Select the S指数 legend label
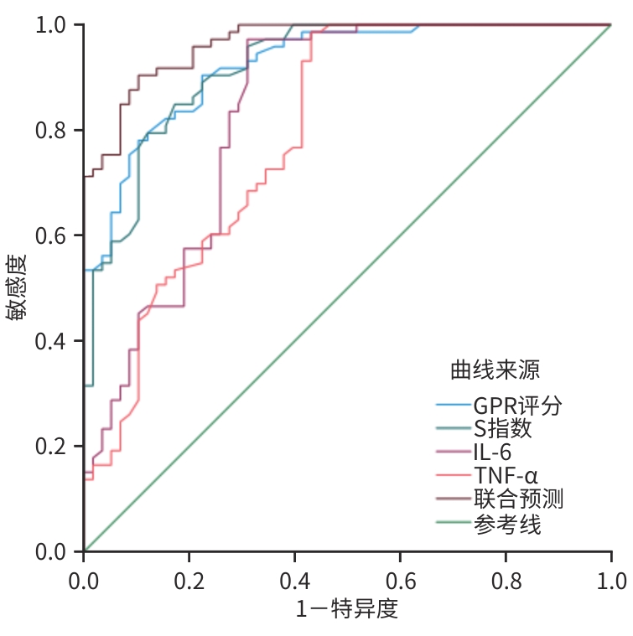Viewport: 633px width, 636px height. [x=502, y=430]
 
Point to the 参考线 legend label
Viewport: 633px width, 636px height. [x=506, y=525]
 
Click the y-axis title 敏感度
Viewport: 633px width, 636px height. [x=18, y=287]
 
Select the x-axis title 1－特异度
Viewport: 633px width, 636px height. [x=347, y=609]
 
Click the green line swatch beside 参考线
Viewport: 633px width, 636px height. [x=454, y=525]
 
